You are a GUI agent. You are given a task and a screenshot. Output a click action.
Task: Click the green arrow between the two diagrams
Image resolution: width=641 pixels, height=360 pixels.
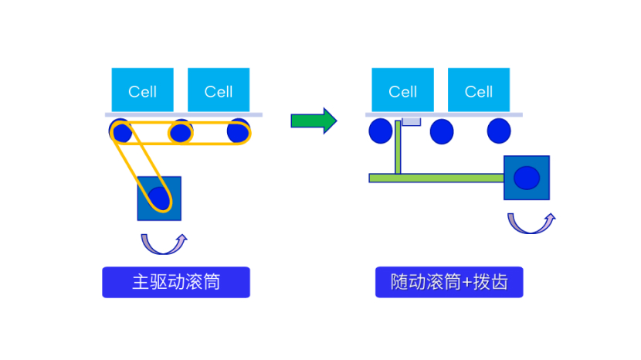[x=314, y=120]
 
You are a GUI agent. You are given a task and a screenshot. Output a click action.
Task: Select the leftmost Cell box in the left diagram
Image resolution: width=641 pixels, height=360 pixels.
[x=143, y=90]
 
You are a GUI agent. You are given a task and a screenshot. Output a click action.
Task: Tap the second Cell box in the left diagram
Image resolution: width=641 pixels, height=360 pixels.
[x=219, y=90]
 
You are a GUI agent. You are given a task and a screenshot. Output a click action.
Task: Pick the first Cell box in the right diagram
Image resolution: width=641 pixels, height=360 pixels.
[x=402, y=90]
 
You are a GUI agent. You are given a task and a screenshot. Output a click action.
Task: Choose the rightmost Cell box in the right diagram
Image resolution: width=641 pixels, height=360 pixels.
[x=479, y=90]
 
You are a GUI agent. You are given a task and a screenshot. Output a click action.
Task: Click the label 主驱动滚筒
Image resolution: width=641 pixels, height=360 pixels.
[x=176, y=282]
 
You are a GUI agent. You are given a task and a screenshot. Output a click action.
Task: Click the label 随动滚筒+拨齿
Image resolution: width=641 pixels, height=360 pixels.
[x=449, y=282]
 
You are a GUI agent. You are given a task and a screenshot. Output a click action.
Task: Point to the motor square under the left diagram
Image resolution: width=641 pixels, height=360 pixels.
[x=159, y=199]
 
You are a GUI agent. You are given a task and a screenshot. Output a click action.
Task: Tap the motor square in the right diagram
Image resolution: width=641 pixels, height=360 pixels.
[x=527, y=178]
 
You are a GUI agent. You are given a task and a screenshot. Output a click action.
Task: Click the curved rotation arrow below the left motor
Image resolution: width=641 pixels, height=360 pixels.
[x=164, y=244]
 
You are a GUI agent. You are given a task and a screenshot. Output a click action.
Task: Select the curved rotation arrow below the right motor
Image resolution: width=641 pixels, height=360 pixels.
[x=531, y=224]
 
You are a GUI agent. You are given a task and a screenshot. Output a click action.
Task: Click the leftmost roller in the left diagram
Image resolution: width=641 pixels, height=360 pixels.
[x=120, y=132]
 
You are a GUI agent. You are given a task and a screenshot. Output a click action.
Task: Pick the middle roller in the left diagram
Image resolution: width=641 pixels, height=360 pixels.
[x=180, y=132]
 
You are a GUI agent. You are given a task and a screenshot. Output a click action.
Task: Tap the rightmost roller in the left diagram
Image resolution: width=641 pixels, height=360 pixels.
[x=239, y=131]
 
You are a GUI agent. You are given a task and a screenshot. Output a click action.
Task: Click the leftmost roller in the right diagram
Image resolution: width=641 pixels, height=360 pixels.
[x=380, y=131]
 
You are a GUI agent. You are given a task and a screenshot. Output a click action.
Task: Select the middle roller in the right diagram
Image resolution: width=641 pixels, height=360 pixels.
[x=441, y=132]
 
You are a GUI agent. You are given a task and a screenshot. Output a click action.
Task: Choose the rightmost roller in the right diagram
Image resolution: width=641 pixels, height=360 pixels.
[x=499, y=131]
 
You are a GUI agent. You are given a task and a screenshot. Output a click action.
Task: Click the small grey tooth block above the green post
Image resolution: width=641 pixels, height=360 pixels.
[x=411, y=121]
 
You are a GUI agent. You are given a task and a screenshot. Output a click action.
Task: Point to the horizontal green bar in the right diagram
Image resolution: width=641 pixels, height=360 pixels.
[x=436, y=178]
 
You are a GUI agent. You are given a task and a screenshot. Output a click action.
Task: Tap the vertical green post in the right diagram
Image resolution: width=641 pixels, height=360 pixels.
[x=398, y=147]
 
